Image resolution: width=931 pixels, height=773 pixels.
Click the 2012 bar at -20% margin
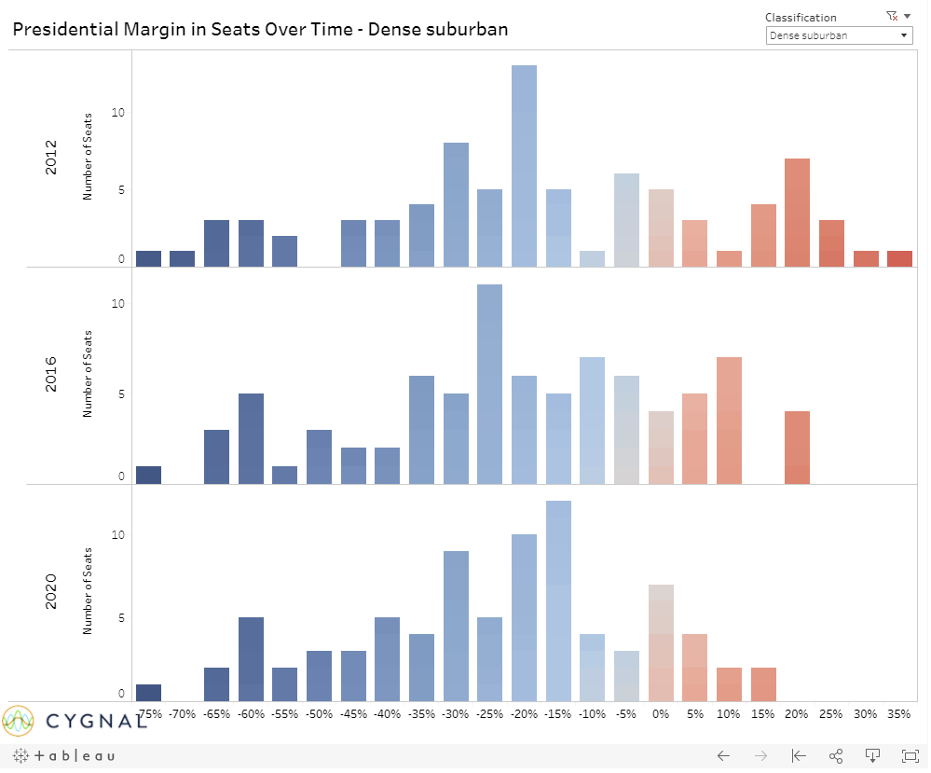(x=524, y=166)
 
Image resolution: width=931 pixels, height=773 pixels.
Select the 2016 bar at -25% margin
(x=490, y=384)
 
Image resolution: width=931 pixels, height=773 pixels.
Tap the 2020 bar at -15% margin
(x=558, y=600)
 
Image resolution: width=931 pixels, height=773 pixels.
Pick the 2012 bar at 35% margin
(x=899, y=258)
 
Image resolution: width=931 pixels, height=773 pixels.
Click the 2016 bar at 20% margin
(x=797, y=448)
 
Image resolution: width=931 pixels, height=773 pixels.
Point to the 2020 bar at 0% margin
(x=661, y=642)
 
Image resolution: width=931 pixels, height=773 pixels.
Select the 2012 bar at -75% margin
(x=148, y=258)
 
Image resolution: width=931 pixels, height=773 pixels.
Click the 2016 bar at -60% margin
(x=251, y=438)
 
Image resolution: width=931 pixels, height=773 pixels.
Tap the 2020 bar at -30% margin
(x=456, y=626)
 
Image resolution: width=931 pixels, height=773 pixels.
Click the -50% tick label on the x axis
(x=320, y=714)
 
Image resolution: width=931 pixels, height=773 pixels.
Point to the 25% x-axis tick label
(x=831, y=714)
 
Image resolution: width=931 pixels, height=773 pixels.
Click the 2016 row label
(x=51, y=373)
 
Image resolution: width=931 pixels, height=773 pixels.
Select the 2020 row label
(x=51, y=591)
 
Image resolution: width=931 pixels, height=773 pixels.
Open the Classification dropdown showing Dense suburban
(x=838, y=35)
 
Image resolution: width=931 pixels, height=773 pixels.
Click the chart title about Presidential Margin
(x=260, y=29)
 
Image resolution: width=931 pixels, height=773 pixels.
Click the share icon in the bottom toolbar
(x=836, y=755)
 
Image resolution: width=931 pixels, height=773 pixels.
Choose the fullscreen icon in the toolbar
(x=910, y=755)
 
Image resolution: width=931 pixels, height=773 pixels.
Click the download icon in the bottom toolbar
(x=873, y=755)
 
